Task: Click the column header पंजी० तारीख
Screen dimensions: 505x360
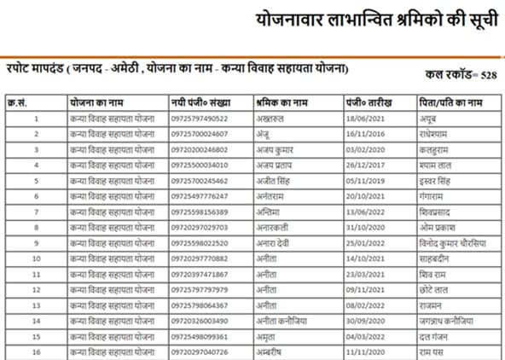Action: [368, 102]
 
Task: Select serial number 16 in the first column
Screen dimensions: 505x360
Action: [36, 351]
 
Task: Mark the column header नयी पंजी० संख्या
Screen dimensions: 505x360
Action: [200, 102]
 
